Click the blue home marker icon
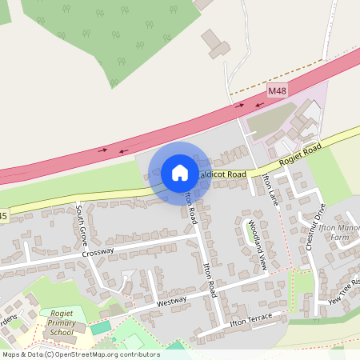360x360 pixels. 180,173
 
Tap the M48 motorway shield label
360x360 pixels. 277,91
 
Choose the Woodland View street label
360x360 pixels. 255,238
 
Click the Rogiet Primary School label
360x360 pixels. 62,324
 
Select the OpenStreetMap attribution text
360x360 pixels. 81,354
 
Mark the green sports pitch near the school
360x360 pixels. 101,327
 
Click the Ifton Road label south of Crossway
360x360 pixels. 210,279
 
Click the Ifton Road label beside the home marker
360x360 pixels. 192,208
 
